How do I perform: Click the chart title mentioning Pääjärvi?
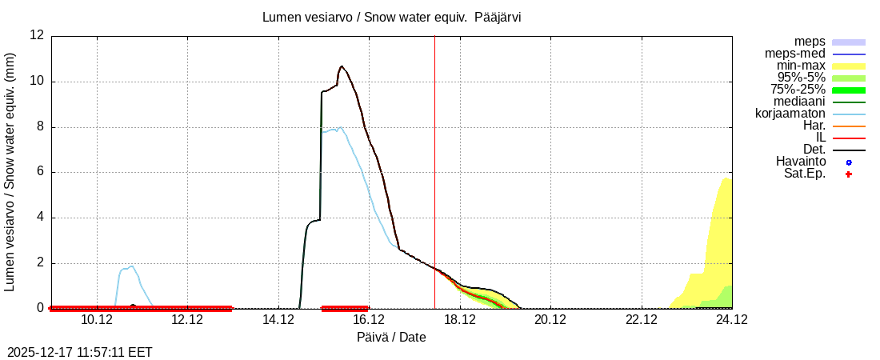pyautogui.click(x=391, y=17)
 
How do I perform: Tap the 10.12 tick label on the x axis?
pyautogui.click(x=97, y=320)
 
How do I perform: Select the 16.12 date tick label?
pyautogui.click(x=369, y=320)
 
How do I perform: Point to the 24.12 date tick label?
pyautogui.click(x=731, y=320)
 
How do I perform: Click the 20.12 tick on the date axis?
pyautogui.click(x=550, y=320)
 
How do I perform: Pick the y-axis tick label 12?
pyautogui.click(x=37, y=35)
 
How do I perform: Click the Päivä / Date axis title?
pyautogui.click(x=391, y=338)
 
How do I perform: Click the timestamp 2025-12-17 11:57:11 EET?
pyautogui.click(x=80, y=352)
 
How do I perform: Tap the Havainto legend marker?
pyautogui.click(x=849, y=162)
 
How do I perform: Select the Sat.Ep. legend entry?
pyautogui.click(x=805, y=174)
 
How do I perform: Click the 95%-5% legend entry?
pyautogui.click(x=801, y=78)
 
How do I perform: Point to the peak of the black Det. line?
pyautogui.click(x=342, y=66)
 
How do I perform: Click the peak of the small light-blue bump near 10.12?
pyautogui.click(x=131, y=266)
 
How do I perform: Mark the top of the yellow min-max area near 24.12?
pyautogui.click(x=726, y=178)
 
